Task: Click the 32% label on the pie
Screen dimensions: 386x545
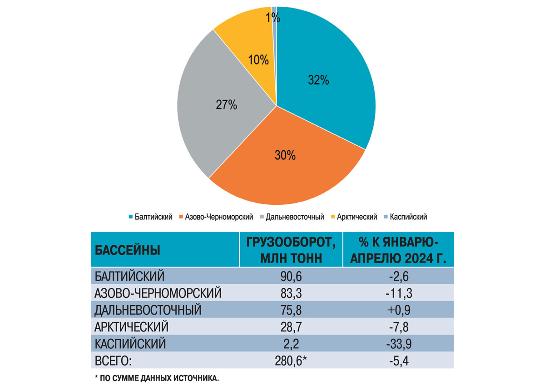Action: pos(318,80)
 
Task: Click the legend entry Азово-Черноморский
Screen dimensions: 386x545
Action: pos(218,217)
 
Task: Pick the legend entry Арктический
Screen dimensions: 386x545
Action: pos(358,217)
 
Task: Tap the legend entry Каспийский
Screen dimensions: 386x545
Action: pos(408,217)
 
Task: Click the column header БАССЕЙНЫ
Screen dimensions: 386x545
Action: pos(128,250)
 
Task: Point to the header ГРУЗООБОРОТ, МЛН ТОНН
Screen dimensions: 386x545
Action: pos(291,250)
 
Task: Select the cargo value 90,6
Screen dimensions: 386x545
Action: pos(291,276)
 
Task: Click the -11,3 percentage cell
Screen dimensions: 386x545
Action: pos(398,292)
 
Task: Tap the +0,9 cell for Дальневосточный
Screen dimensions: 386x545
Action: pos(398,310)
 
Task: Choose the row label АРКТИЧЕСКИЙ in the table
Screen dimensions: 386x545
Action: pos(132,327)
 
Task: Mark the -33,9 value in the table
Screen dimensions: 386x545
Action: pos(398,343)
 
